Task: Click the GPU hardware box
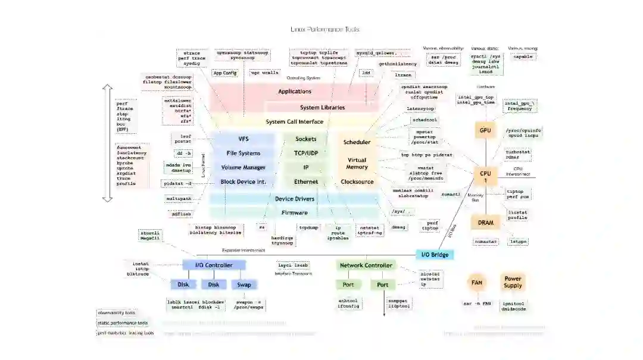coord(485,130)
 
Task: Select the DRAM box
coord(485,223)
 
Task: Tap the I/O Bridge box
coord(434,255)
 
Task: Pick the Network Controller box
coord(366,265)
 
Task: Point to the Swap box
coord(244,284)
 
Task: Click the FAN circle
coord(477,283)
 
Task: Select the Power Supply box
coord(513,282)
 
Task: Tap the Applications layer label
coord(295,92)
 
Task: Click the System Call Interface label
coord(295,122)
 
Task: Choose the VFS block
coord(244,139)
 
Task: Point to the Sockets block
coord(306,139)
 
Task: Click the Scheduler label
coord(357,142)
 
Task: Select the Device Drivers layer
coord(295,199)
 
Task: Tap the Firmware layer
coord(295,212)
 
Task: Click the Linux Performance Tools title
coord(324,29)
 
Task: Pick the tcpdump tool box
coord(308,227)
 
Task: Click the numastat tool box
coord(485,242)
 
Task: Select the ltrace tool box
coord(403,76)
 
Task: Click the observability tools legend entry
coord(117,312)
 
